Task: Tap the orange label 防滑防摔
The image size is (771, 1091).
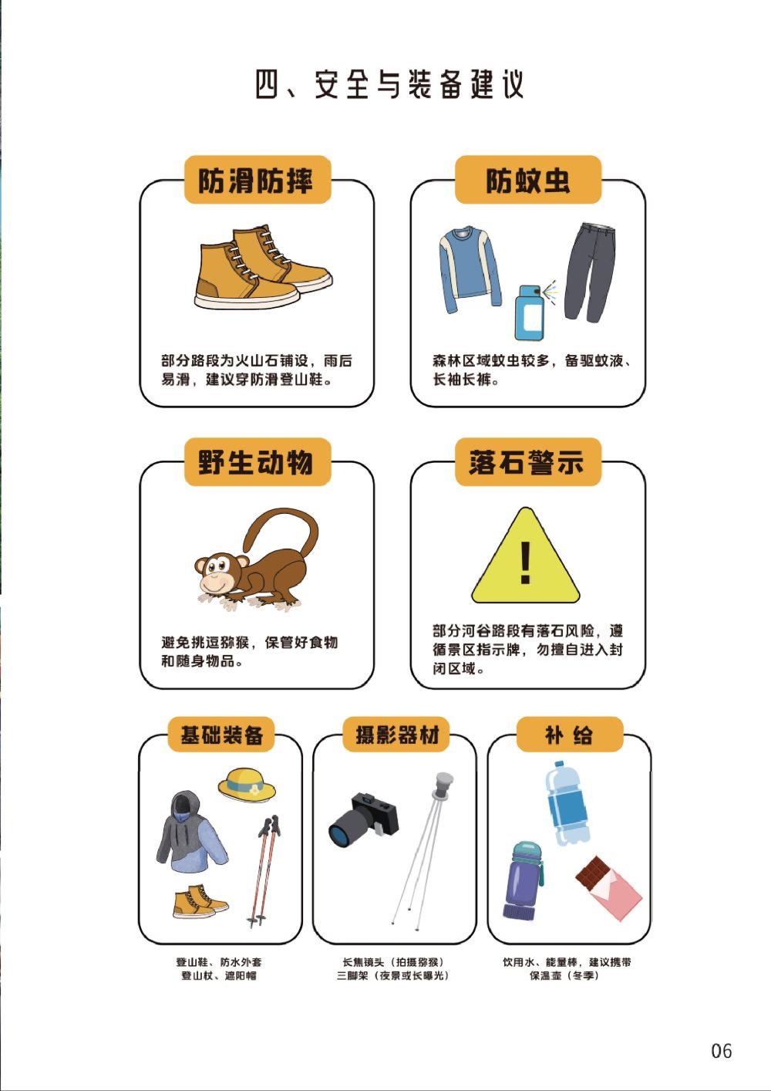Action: click(258, 180)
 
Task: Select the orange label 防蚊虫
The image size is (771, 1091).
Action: click(528, 180)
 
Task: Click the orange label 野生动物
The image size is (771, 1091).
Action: click(258, 461)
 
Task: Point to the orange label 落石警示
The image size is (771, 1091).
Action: click(528, 461)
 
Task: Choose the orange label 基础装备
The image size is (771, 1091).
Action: click(221, 735)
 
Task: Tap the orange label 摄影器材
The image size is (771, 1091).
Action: click(396, 735)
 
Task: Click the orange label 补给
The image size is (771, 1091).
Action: click(570, 735)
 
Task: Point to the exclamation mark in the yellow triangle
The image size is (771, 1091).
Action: click(525, 562)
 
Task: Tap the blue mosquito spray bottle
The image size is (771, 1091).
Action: click(529, 312)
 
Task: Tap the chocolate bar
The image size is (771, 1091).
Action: click(609, 887)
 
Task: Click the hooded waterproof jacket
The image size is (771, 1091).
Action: click(190, 833)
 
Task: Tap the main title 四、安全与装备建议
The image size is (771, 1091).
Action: click(390, 85)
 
